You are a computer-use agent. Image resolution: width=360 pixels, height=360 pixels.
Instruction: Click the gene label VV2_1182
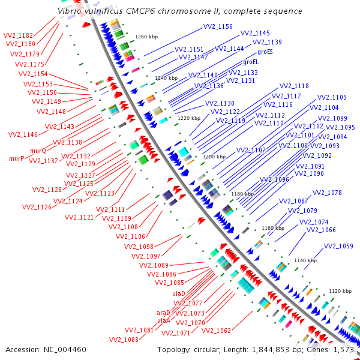coord(18,36)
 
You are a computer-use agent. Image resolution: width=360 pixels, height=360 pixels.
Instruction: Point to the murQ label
coord(38,151)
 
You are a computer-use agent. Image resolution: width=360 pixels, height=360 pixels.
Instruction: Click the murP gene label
coord(16,159)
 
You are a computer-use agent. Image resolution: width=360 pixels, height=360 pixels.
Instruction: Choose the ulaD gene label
coord(179,293)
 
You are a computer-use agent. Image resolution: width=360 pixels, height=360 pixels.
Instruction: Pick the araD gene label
coord(164,313)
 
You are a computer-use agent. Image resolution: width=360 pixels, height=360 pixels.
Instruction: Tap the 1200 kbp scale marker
coord(214,157)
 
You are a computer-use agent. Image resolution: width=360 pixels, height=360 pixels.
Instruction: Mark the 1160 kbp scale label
coord(273,228)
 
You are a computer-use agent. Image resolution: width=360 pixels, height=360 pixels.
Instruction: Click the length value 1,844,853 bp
coord(265,349)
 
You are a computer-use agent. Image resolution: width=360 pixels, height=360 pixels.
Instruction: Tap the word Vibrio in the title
coord(70,11)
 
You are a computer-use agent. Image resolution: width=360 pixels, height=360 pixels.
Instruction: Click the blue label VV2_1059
coord(338,246)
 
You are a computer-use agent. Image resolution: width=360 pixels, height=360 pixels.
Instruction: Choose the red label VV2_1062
coord(216,331)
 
